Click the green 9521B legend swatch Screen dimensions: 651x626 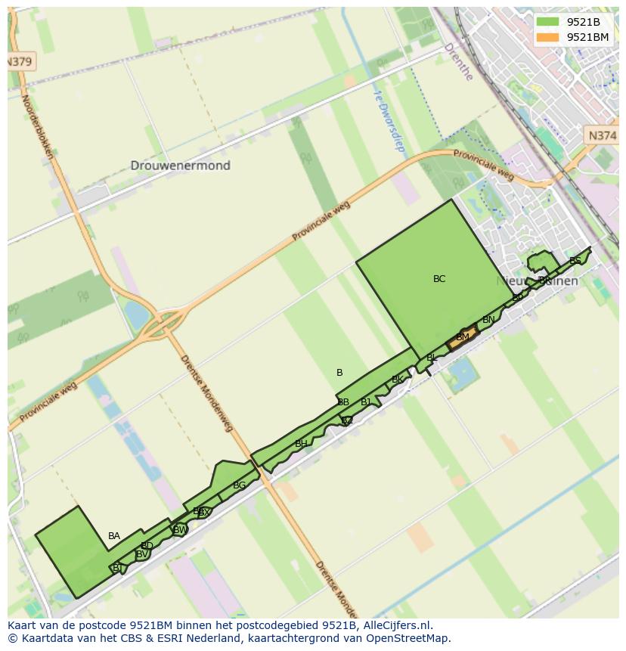pos(548,21)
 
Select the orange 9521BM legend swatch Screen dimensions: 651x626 pos(548,37)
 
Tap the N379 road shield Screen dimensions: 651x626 pos(20,62)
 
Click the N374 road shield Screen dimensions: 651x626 pos(602,135)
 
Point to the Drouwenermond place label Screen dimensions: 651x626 pos(180,166)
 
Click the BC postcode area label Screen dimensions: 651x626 pos(439,279)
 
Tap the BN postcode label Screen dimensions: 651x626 pos(488,320)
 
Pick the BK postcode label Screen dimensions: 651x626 pos(397,380)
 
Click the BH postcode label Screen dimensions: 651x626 pos(301,444)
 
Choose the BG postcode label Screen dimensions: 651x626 pos(239,485)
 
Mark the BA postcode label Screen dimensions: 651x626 pos(113,536)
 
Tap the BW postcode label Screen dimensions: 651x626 pos(180,530)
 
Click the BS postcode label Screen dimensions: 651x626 pos(575,261)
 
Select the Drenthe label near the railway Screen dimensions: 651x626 pos(458,61)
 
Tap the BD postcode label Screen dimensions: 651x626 pos(147,546)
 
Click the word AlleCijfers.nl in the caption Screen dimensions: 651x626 pos(393,625)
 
